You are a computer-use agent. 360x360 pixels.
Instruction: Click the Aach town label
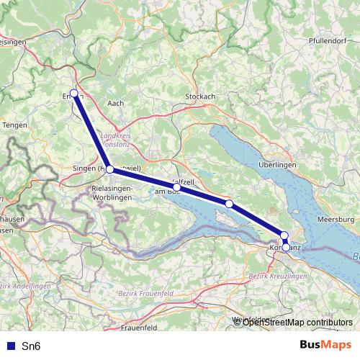click(115, 103)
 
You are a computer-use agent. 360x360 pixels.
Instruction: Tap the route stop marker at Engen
click(74, 93)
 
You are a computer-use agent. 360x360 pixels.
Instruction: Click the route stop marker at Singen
click(109, 169)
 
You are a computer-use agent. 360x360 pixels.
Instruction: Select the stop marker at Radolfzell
click(176, 186)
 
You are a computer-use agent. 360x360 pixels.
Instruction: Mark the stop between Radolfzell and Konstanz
click(229, 204)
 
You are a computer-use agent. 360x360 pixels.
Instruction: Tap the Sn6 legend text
click(32, 346)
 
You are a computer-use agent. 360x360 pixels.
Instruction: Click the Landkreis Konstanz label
click(119, 140)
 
